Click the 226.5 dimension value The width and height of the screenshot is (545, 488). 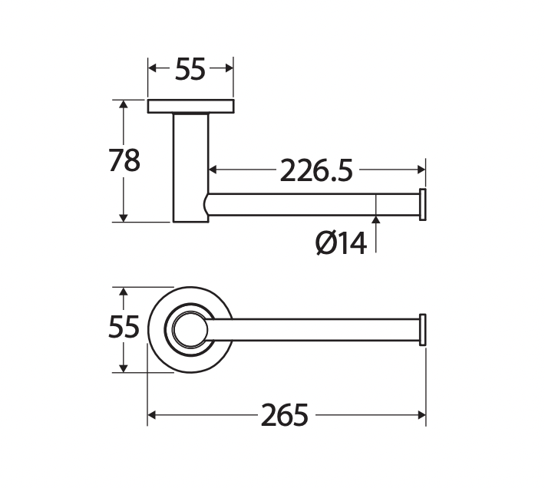tap(316, 170)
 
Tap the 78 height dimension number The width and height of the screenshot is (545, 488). tap(124, 160)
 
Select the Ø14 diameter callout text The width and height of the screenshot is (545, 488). tap(341, 243)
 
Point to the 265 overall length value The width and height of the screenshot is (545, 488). tap(284, 415)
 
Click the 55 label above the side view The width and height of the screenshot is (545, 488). tap(190, 69)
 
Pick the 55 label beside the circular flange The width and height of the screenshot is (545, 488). tap(124, 327)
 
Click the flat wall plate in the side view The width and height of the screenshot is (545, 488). tap(191, 107)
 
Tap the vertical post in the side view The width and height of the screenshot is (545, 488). tap(191, 167)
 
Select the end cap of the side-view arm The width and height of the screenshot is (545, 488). tap(423, 205)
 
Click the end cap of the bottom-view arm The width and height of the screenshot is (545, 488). tap(423, 330)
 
